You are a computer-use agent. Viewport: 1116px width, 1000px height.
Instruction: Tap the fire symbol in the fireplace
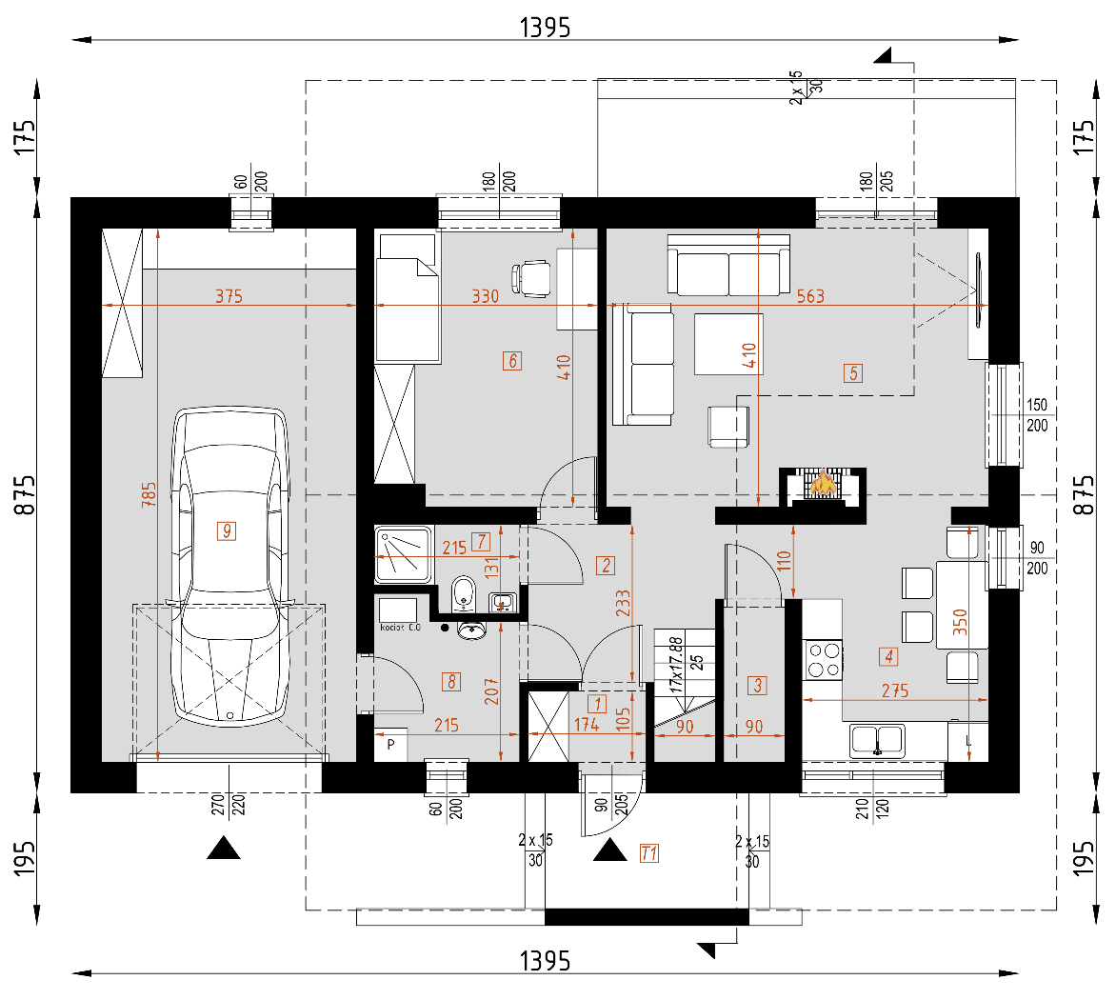[x=823, y=485]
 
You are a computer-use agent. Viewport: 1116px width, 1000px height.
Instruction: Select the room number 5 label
[x=852, y=373]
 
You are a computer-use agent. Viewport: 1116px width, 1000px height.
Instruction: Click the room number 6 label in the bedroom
[x=512, y=360]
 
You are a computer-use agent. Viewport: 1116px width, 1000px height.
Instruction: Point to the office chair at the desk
[x=531, y=278]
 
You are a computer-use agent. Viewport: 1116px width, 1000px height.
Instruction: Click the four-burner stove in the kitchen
[x=825, y=659]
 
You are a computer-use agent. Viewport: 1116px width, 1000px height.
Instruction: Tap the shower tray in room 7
[x=403, y=553]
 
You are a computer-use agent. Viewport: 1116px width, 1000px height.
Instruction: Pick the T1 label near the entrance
[x=648, y=853]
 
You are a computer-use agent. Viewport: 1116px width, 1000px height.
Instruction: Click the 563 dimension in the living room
[x=810, y=296]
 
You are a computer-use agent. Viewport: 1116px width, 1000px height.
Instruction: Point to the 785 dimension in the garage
[x=149, y=493]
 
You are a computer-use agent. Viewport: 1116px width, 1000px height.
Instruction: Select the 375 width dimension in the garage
[x=229, y=296]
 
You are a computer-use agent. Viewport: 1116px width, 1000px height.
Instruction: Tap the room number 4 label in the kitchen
[x=888, y=655]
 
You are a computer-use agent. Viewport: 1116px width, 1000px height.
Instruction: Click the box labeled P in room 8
[x=390, y=746]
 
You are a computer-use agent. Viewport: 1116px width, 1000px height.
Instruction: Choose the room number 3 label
[x=758, y=684]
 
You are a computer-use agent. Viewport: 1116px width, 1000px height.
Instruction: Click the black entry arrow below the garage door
[x=224, y=848]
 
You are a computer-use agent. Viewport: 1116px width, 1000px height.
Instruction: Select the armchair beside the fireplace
[x=728, y=426]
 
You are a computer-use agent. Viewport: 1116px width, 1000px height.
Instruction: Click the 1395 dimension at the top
[x=545, y=28]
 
